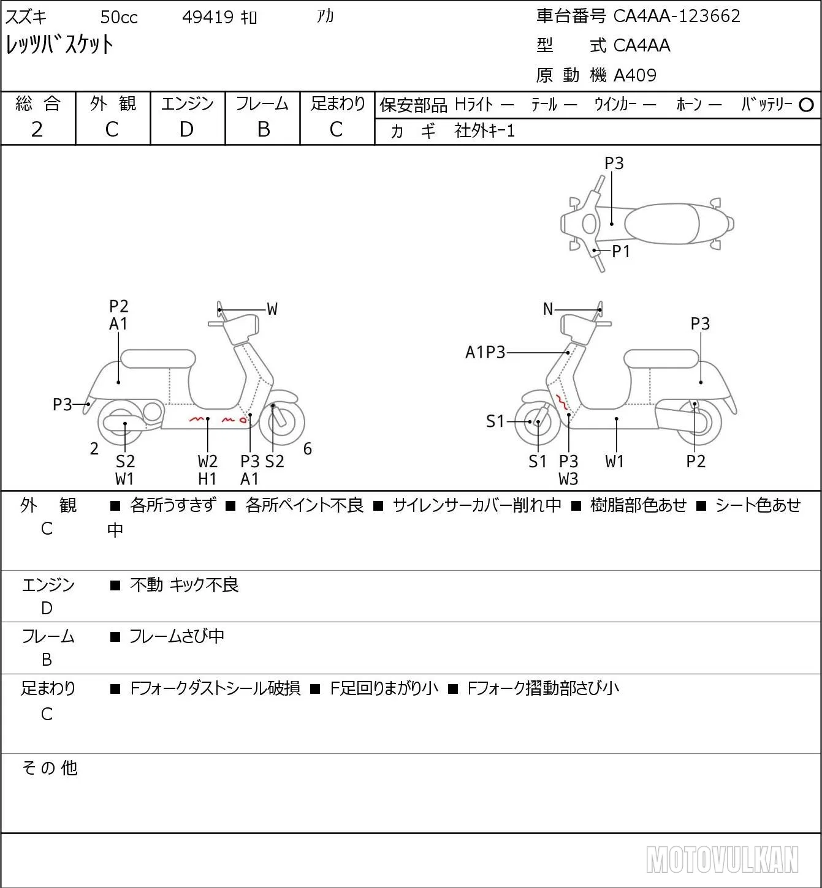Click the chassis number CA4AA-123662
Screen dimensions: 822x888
click(677, 16)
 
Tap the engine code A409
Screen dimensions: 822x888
click(635, 75)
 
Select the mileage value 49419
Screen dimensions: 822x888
click(208, 17)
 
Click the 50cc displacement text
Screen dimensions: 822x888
click(119, 17)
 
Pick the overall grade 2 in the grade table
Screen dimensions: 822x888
click(37, 129)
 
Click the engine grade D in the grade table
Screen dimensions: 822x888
click(186, 129)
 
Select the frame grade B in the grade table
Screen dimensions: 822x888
click(263, 129)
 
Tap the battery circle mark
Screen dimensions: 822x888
click(806, 105)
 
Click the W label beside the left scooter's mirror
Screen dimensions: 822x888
click(272, 309)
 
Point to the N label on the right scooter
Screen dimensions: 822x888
click(548, 309)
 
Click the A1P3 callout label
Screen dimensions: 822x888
click(485, 352)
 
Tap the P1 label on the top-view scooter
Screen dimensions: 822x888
click(622, 251)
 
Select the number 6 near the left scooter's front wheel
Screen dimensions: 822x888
click(308, 448)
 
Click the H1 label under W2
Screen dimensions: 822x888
click(207, 480)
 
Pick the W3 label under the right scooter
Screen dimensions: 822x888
click(568, 480)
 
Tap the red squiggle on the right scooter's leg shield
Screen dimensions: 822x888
click(562, 402)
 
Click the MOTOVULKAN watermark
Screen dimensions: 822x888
click(722, 859)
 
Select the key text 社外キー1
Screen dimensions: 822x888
click(484, 131)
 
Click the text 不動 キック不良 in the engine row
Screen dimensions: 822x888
click(185, 585)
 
